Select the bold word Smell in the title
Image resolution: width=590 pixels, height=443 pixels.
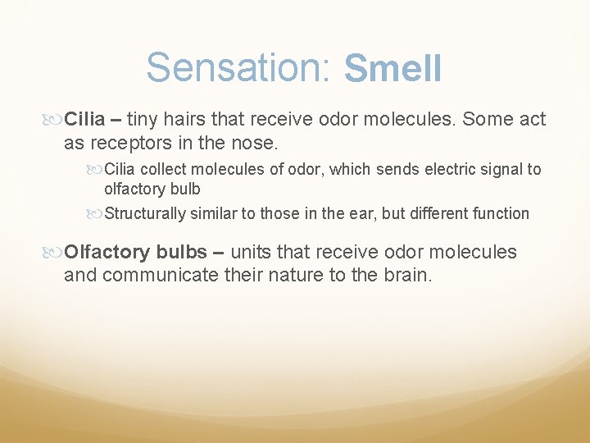pyautogui.click(x=393, y=69)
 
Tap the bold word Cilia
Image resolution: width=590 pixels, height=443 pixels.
pyautogui.click(x=85, y=119)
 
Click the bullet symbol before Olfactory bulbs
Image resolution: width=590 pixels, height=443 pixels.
pyautogui.click(x=55, y=252)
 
